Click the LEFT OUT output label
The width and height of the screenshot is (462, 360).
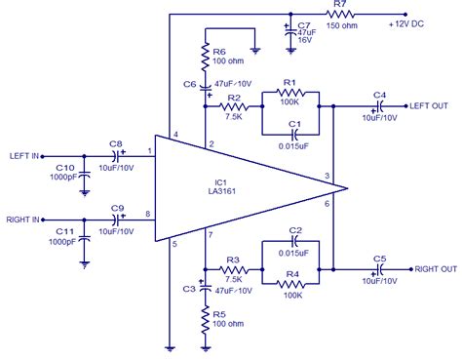pyautogui.click(x=430, y=105)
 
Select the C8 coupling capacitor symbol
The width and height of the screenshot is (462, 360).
pyautogui.click(x=117, y=155)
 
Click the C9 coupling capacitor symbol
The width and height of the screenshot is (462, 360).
pyautogui.click(x=117, y=220)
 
